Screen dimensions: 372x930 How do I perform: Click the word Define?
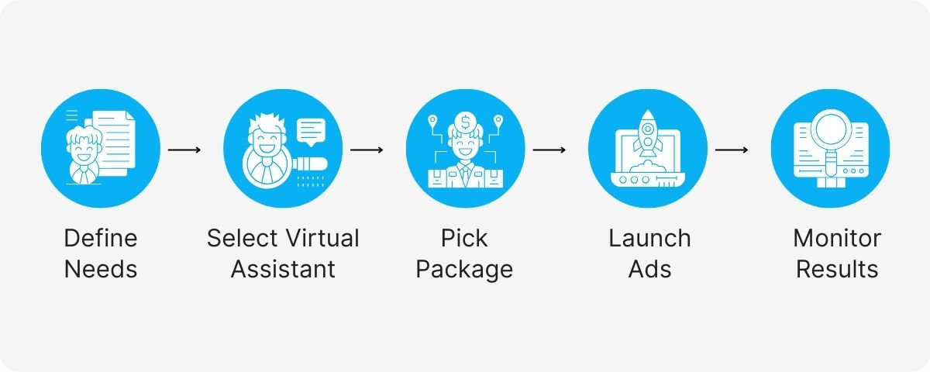tap(100, 238)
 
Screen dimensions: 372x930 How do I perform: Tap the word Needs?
tap(100, 270)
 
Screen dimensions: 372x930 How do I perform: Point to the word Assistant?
tap(283, 270)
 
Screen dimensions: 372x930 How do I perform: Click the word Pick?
tap(464, 238)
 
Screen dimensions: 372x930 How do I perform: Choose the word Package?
tap(464, 270)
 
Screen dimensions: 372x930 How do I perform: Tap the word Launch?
tap(649, 238)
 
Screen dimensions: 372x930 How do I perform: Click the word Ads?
tap(649, 270)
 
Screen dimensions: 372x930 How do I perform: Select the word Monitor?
tap(837, 238)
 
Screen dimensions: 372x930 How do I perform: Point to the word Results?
tap(837, 270)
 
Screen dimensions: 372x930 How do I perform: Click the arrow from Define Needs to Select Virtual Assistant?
tap(184, 148)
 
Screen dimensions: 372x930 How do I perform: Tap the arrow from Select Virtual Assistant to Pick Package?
tap(367, 148)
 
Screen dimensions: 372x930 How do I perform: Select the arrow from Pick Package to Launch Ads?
tap(549, 148)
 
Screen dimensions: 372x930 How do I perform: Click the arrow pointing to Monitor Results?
tap(732, 148)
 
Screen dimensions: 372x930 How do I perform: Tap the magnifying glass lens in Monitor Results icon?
tap(831, 128)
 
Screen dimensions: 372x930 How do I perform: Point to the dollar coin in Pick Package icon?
tap(466, 122)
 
